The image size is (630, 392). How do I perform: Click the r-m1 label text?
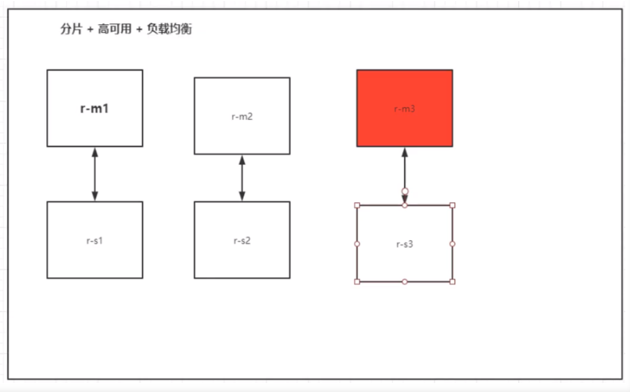(95, 109)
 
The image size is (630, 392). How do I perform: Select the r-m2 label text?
(242, 117)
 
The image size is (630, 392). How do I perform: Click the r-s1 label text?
(95, 241)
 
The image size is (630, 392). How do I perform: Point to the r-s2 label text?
(242, 241)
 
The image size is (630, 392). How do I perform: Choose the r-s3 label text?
(404, 244)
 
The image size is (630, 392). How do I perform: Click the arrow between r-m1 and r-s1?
(95, 174)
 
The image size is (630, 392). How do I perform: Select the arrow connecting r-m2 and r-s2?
(242, 178)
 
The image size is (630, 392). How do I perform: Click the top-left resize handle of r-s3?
(357, 205)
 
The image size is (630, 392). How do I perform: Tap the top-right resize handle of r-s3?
(453, 205)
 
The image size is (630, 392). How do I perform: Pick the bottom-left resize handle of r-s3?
(357, 282)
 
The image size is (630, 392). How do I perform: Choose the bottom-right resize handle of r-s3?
(453, 282)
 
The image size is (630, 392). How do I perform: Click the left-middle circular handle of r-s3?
(357, 244)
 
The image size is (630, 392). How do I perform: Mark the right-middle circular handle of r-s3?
(453, 244)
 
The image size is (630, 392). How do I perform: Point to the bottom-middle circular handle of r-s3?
(405, 282)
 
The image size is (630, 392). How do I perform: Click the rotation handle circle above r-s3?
(405, 191)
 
